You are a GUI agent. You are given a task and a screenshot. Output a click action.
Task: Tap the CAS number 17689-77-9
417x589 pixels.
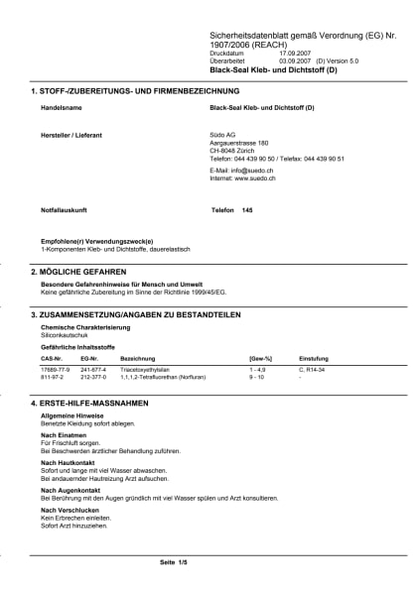coord(55,369)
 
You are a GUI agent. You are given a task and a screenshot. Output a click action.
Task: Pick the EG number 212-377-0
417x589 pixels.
coord(93,377)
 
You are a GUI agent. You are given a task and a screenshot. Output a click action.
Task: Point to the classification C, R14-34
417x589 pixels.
coord(312,369)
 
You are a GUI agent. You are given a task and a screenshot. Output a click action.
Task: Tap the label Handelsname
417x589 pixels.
coord(60,106)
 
